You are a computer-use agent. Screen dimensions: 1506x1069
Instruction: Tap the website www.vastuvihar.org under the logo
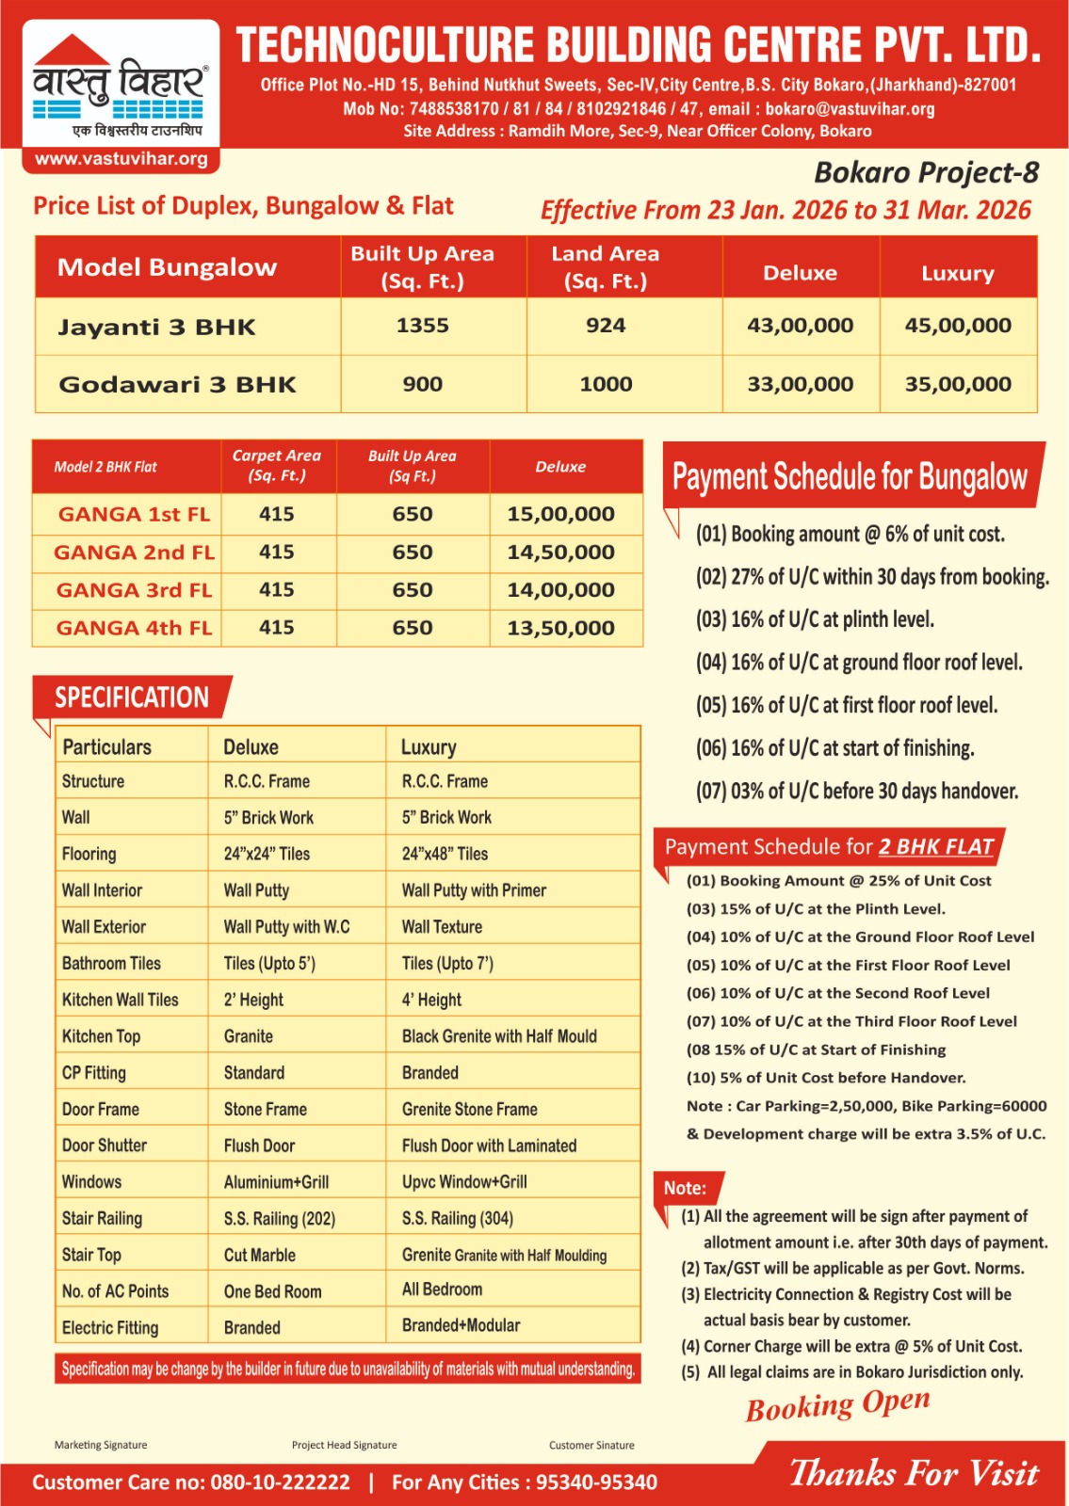click(x=121, y=159)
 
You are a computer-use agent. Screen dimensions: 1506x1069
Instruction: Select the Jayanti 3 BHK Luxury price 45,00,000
click(x=958, y=326)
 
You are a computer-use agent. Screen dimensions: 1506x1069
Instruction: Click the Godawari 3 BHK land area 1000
click(x=606, y=384)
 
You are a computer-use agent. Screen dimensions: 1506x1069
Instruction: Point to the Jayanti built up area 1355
click(x=422, y=326)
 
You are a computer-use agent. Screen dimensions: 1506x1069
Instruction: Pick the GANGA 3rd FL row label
click(x=134, y=590)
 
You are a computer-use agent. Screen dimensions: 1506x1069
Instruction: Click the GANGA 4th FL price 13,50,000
click(x=560, y=628)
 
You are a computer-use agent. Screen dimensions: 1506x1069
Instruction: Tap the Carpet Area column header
click(x=277, y=465)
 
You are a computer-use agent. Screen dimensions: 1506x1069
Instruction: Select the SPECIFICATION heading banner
click(x=132, y=697)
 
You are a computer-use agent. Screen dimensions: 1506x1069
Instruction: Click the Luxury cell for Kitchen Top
click(x=499, y=1036)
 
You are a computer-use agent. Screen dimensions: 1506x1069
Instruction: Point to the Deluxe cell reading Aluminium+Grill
click(x=276, y=1182)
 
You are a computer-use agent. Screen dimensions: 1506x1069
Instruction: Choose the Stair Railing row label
click(x=102, y=1219)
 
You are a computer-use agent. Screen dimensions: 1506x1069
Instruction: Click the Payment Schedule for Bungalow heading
click(x=850, y=476)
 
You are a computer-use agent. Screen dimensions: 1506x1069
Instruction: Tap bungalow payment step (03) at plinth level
click(x=815, y=619)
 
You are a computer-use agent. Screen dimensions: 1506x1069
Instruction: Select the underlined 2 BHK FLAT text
click(x=936, y=846)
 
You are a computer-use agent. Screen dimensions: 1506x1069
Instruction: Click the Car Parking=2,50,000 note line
click(x=866, y=1106)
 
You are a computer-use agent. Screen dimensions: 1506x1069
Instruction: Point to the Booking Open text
click(x=837, y=1405)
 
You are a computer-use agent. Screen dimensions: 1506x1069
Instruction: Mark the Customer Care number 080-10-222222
click(x=280, y=1482)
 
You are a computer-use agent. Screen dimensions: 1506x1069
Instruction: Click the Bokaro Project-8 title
click(x=926, y=172)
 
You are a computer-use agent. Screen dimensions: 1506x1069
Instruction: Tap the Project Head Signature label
click(x=344, y=1445)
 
